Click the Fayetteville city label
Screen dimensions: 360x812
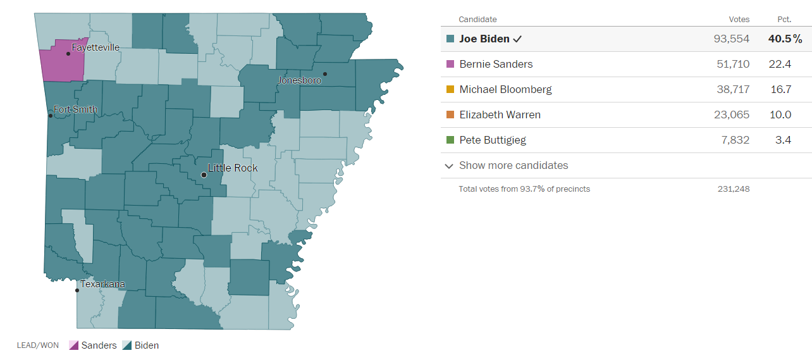tap(95, 47)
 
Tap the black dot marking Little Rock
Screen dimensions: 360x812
tap(204, 175)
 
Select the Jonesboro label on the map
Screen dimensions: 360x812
tap(300, 80)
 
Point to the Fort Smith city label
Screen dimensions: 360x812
tap(75, 109)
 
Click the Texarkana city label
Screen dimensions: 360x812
tap(102, 284)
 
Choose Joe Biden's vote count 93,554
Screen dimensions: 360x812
tap(731, 39)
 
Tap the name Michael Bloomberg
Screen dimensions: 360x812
tap(505, 89)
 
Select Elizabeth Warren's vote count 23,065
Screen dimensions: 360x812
tap(732, 115)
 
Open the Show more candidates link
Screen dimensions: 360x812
tap(513, 165)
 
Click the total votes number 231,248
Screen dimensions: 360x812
tap(734, 189)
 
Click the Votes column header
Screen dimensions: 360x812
tap(739, 20)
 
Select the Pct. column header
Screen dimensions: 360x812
tap(784, 20)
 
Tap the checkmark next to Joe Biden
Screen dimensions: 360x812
tap(517, 39)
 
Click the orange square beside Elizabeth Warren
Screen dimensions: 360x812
tap(450, 115)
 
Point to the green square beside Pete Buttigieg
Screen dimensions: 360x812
tap(450, 140)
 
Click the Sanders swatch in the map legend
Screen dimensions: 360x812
tap(73, 345)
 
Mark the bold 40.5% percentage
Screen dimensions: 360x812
tap(785, 39)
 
